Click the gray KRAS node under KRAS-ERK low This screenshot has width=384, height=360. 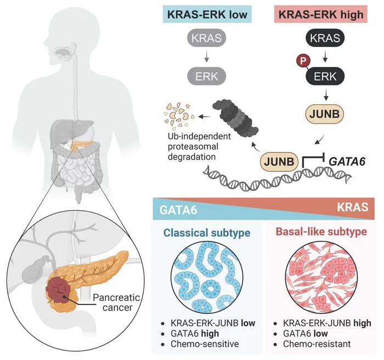click(x=206, y=38)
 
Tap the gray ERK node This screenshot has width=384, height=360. click(x=206, y=76)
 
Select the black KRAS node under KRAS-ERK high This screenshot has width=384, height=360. click(x=325, y=38)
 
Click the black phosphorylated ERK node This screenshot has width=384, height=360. click(x=325, y=76)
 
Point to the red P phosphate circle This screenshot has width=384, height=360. click(x=303, y=60)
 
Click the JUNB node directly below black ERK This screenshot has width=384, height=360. click(x=325, y=114)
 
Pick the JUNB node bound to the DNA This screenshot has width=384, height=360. click(x=279, y=162)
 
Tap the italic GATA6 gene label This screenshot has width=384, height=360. click(x=347, y=161)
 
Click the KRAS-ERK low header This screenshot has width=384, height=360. click(x=207, y=14)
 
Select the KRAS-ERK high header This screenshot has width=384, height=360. click(x=321, y=14)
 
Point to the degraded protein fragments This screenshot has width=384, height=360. click(x=179, y=116)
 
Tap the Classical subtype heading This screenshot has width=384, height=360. click(x=207, y=233)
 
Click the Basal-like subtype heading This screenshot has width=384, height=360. click(x=321, y=232)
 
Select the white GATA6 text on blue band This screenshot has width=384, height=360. click(x=178, y=210)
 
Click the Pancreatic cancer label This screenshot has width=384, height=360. click(x=116, y=302)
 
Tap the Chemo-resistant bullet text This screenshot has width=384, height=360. click(x=317, y=344)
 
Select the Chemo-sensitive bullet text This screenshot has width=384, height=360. click(x=205, y=344)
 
